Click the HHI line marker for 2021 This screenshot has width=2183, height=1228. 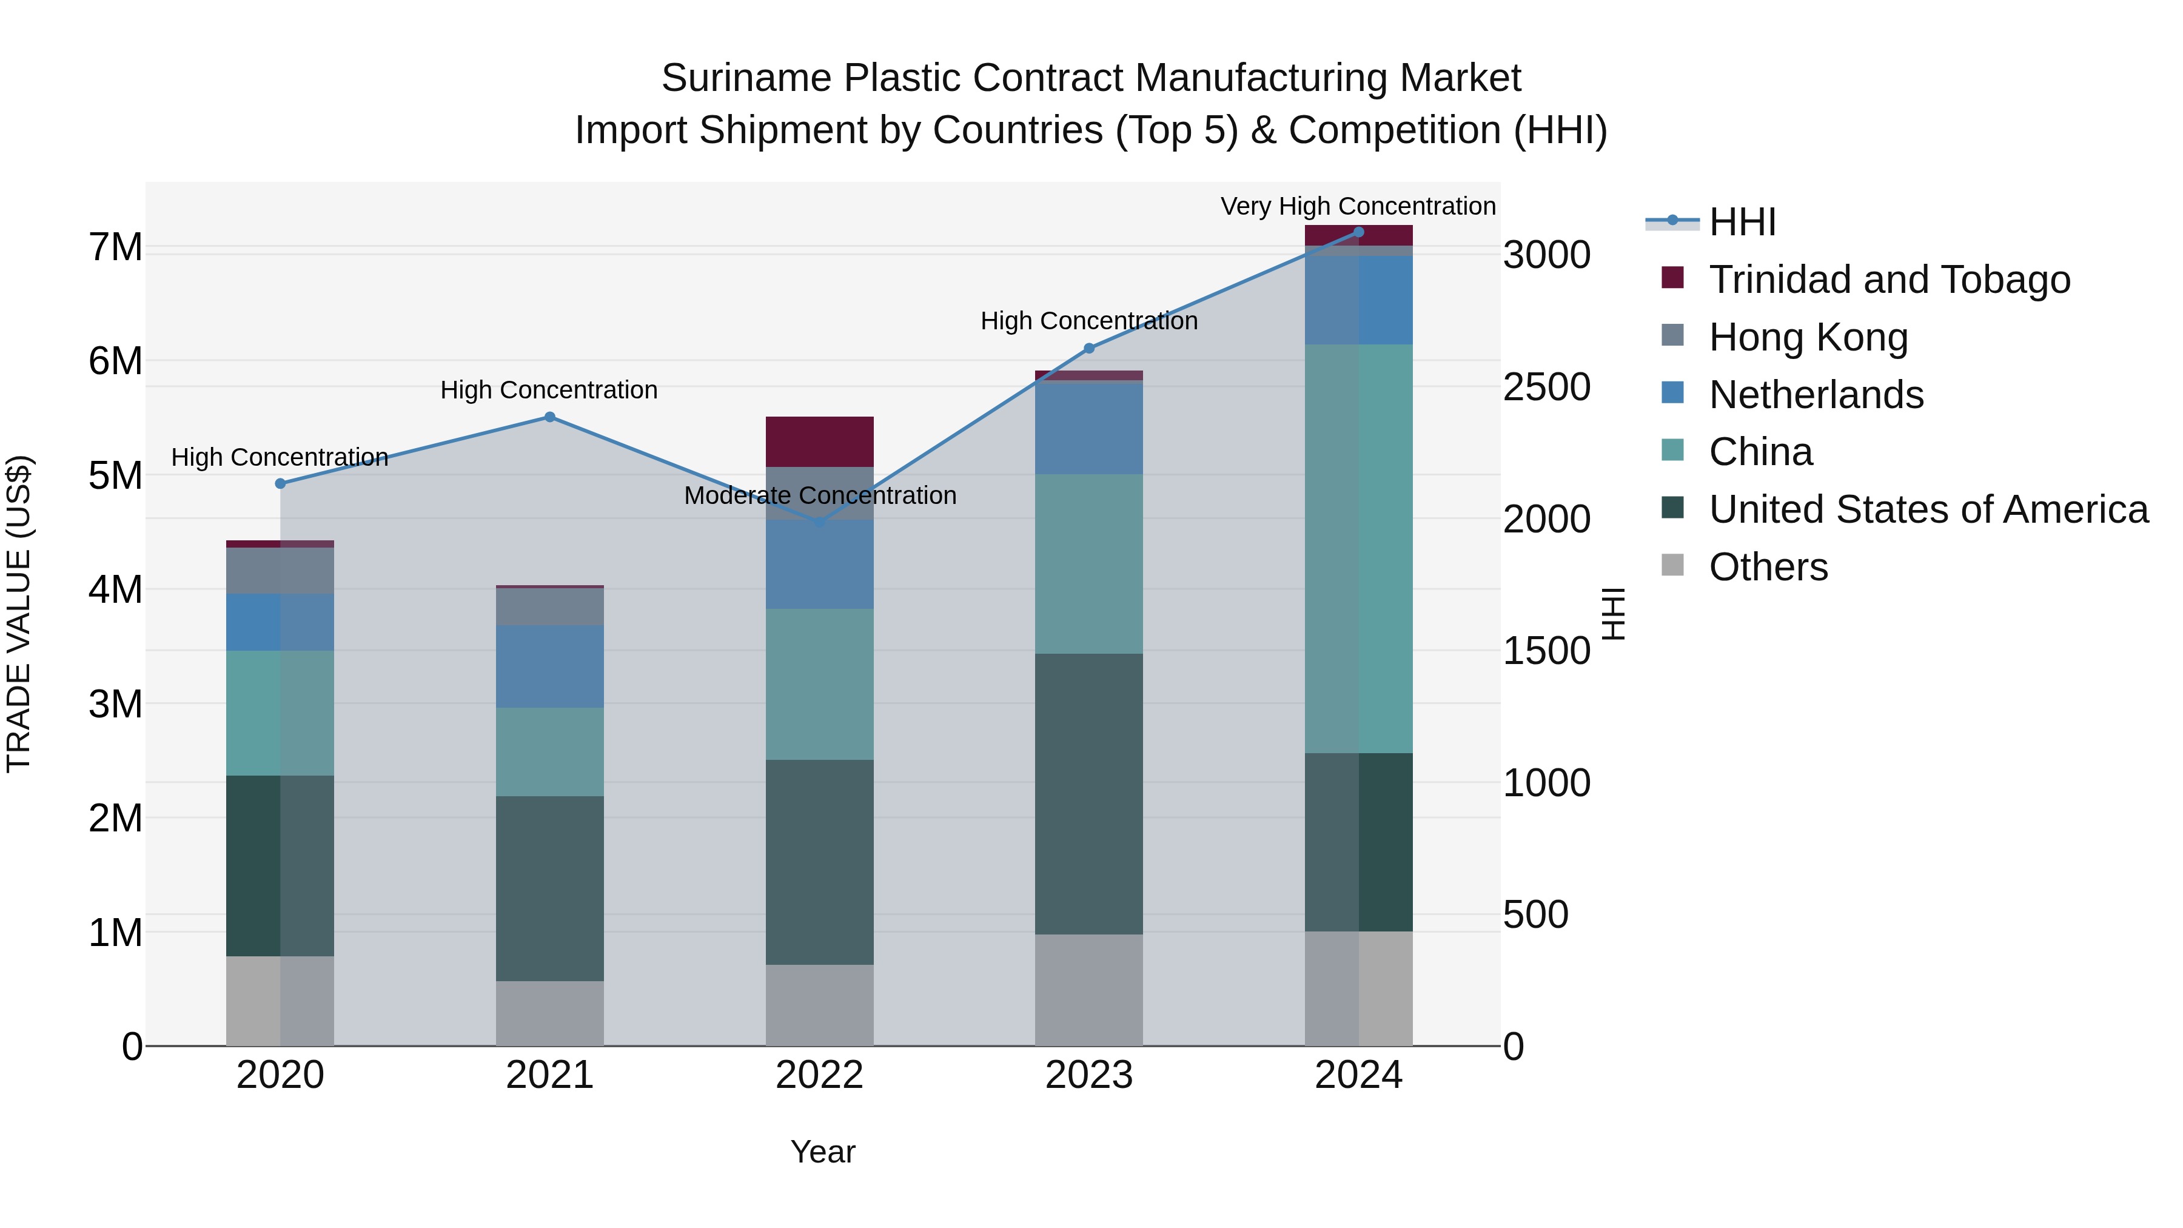549,417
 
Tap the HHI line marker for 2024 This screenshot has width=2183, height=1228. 1358,232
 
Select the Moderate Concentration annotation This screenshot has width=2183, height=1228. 819,496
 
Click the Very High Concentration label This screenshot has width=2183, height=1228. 1358,207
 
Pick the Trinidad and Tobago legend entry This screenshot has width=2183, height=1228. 1889,280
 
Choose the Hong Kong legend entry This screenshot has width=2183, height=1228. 1808,337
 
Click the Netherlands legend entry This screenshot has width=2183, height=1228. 1816,395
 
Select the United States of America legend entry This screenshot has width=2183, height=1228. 1928,509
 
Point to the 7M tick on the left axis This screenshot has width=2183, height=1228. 115,247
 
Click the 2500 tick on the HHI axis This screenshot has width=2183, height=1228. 1546,388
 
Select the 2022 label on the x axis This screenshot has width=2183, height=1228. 819,1075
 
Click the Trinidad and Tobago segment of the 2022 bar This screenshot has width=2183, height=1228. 819,441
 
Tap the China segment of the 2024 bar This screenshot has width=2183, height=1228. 1358,548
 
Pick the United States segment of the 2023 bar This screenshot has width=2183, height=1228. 1089,793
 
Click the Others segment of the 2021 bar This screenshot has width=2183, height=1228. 549,1013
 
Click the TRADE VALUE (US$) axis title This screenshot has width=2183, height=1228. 19,614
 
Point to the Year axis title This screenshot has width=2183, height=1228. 822,1152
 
